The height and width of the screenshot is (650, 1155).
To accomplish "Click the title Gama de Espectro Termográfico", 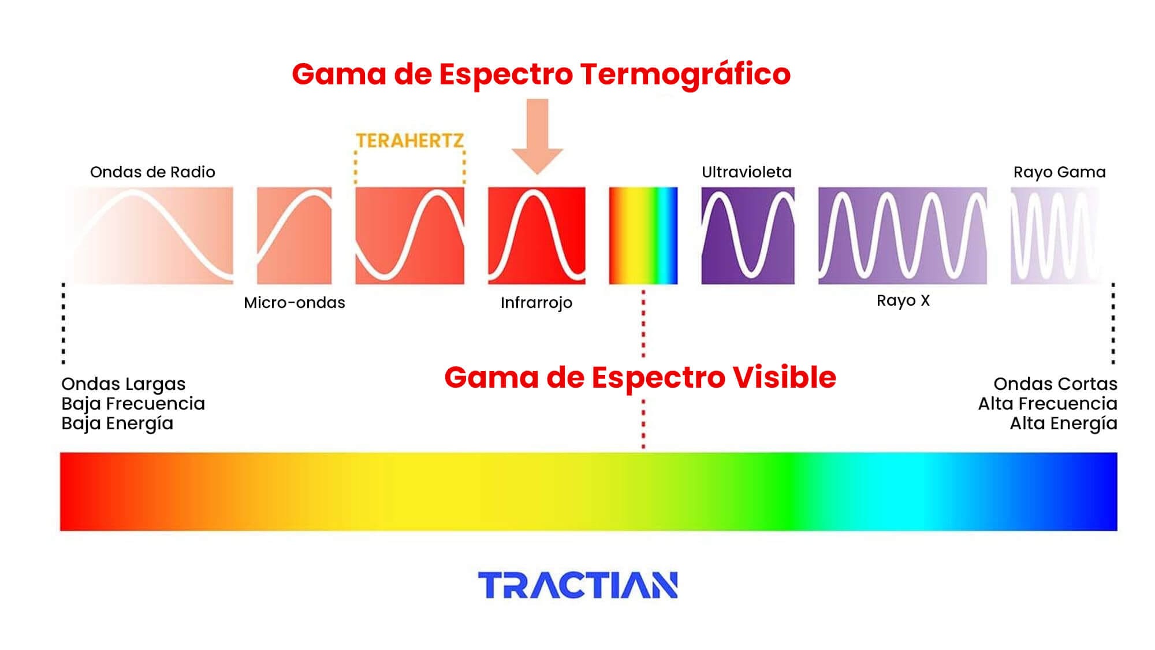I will coord(541,74).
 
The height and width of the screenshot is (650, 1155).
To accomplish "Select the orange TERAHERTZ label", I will coord(409,140).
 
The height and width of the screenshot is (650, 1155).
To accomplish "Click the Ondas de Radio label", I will coord(152,172).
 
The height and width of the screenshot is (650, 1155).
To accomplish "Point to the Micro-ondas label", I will coord(295,303).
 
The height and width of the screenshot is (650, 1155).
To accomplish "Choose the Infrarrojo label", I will coord(536,303).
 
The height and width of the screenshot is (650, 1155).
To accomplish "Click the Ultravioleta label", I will coord(746,172).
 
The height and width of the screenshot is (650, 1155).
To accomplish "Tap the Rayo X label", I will coord(903,300).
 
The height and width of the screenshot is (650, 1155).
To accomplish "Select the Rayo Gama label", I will coord(1059,172).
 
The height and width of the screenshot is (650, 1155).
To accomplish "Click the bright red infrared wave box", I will coord(536,235).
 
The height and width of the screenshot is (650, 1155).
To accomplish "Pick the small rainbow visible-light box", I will coord(643,235).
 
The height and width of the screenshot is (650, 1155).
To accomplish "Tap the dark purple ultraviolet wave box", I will coord(748,235).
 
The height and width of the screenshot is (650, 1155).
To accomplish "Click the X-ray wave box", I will coord(902,235).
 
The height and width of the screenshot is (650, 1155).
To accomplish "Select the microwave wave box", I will coord(295,235).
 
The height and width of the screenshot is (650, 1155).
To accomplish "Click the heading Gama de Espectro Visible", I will coord(640,377).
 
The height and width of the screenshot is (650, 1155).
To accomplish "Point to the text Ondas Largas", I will coord(124,384).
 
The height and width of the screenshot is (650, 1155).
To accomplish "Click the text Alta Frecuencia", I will coord(1048,403).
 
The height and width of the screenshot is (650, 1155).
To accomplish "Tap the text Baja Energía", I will coord(117,424).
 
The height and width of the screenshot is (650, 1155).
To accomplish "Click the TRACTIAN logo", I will coord(577,585).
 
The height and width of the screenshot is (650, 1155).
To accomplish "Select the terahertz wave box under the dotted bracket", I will coord(409,235).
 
